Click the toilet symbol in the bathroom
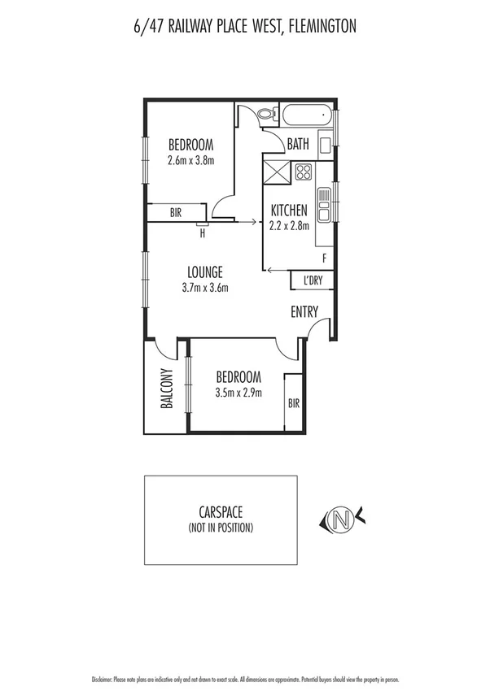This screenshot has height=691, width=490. click(265, 115)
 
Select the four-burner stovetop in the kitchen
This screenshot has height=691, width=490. click(304, 172)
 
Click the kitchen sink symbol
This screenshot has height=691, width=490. click(323, 205)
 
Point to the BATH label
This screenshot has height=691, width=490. click(298, 146)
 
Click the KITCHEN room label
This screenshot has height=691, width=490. click(289, 211)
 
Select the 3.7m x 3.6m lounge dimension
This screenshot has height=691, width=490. click(204, 287)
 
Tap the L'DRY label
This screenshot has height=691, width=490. click(313, 280)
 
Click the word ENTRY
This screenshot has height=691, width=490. click(304, 312)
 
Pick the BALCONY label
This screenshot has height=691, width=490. click(166, 389)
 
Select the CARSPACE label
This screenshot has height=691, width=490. click(221, 513)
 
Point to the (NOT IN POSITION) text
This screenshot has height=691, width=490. click(221, 528)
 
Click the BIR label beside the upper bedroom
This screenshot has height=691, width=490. click(175, 213)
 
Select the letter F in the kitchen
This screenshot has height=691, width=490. click(324, 259)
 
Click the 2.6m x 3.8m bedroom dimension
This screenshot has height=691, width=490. click(190, 160)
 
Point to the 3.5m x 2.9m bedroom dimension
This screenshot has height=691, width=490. click(238, 392)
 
